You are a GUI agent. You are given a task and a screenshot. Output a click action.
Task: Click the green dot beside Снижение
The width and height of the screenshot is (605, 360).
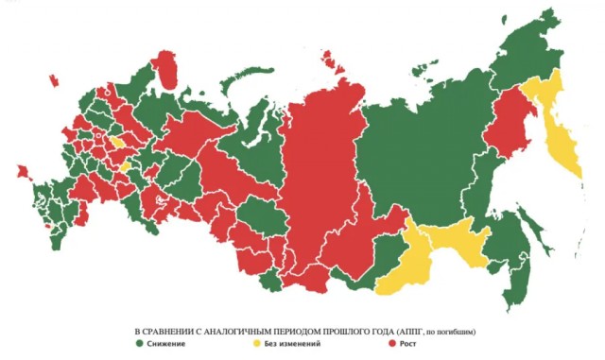click(x=140, y=345)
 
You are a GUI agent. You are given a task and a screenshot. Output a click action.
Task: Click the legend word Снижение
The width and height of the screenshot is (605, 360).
click(x=167, y=345)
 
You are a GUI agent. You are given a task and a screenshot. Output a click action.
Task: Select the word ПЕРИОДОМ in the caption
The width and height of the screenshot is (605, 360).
click(x=324, y=332)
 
